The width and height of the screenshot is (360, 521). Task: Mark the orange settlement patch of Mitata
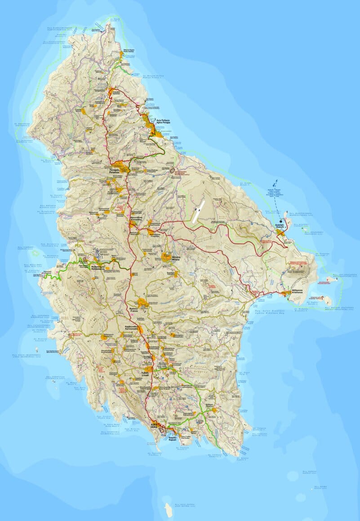(166, 256)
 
